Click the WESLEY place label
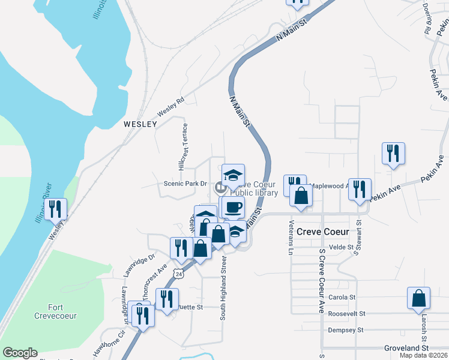(140, 124)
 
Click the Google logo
(20, 353)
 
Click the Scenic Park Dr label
(186, 184)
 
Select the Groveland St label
(406, 348)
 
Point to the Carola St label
(342, 297)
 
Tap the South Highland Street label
(223, 288)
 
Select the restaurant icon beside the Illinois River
(55, 209)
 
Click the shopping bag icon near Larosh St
(418, 298)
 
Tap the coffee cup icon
(232, 208)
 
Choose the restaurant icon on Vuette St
(167, 298)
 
